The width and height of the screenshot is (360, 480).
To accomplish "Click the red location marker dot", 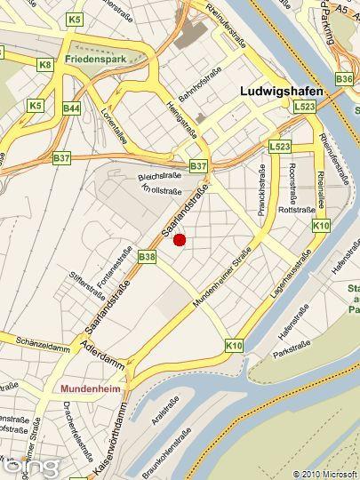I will click(179, 240).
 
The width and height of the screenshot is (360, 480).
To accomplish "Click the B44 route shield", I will click(72, 108).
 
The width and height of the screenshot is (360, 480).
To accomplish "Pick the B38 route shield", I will click(148, 257).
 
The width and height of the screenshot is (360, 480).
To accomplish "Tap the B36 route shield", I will click(345, 79).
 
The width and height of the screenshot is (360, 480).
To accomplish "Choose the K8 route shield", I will click(45, 65).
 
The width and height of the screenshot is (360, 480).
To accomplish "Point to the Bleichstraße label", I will click(159, 177).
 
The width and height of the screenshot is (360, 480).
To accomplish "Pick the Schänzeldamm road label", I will click(32, 341).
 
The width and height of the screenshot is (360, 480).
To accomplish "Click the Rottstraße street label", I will click(292, 211).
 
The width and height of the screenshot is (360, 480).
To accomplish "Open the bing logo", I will click(31, 464).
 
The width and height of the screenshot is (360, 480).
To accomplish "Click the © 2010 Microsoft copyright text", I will click(324, 474).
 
